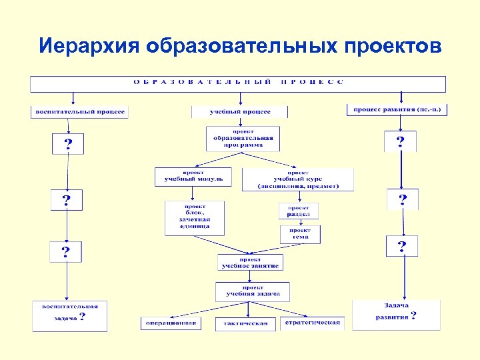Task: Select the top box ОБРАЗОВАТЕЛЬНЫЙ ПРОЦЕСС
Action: (x=238, y=83)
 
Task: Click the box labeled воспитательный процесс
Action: (x=79, y=112)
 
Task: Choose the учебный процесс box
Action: (x=240, y=112)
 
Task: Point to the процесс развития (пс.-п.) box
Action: (x=397, y=109)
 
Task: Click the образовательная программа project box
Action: (x=243, y=139)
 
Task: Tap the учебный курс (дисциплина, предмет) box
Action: (x=298, y=179)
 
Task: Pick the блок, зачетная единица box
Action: (x=193, y=217)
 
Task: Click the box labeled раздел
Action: (x=299, y=211)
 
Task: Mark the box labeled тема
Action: (x=300, y=234)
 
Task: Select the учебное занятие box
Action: (x=251, y=262)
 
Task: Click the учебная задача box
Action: (x=252, y=291)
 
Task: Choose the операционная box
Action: (x=170, y=323)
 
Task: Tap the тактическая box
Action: (x=246, y=323)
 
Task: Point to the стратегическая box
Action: (x=312, y=323)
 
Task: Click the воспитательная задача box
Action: (x=69, y=315)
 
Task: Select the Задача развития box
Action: (x=396, y=314)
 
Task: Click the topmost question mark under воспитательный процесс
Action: (x=68, y=144)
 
